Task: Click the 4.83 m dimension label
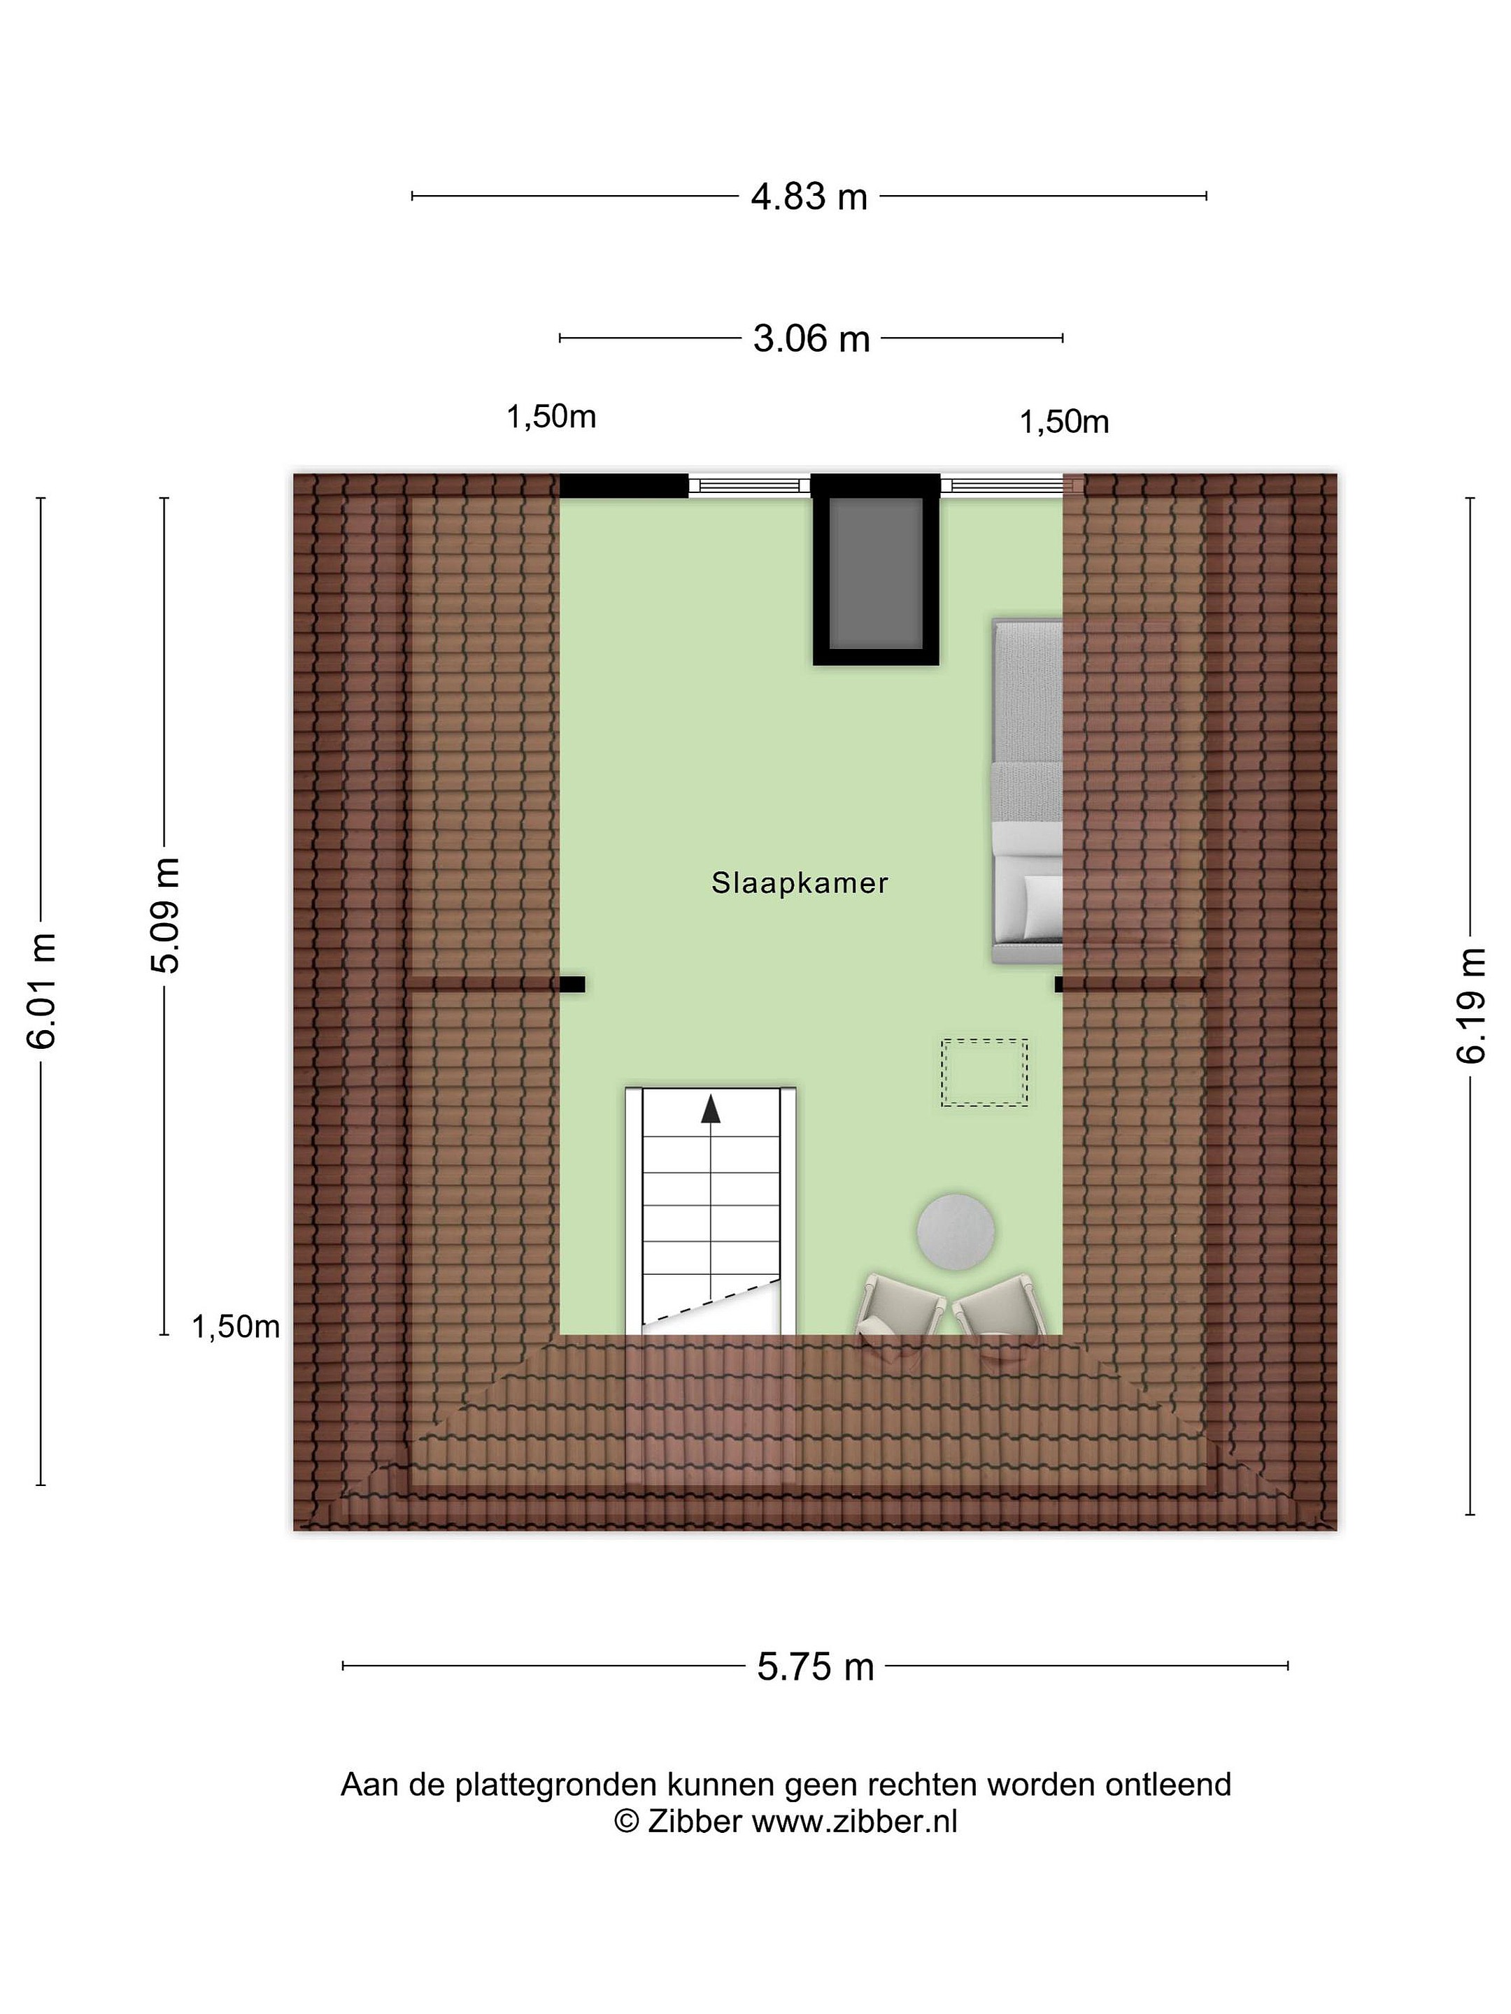[809, 197]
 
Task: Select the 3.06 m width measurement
[811, 338]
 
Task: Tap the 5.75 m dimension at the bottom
[815, 1666]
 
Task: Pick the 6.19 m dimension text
[1470, 1004]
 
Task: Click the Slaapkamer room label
[800, 883]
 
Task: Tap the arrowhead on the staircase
[709, 1110]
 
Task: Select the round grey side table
[956, 1230]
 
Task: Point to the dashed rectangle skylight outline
[984, 1073]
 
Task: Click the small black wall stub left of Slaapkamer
[572, 983]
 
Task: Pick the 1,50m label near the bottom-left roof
[235, 1327]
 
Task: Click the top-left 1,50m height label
[551, 417]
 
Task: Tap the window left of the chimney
[749, 485]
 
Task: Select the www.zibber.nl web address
[854, 1821]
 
